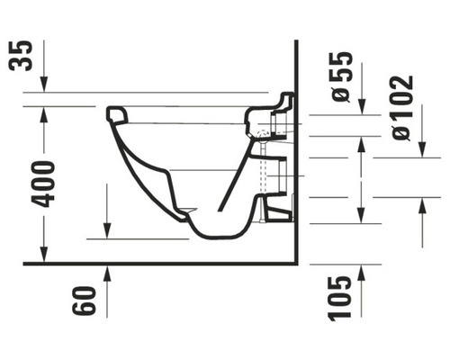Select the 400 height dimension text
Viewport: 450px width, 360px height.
tap(42, 184)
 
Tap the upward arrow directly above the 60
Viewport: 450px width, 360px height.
tap(107, 278)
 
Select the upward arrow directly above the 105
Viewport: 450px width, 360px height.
tap(361, 280)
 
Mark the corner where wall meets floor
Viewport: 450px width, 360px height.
tap(295, 264)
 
